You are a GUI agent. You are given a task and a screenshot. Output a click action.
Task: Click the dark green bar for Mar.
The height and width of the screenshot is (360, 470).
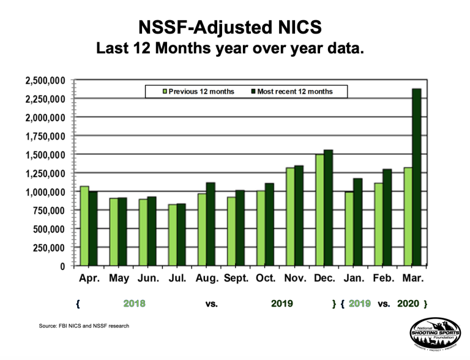[417, 178]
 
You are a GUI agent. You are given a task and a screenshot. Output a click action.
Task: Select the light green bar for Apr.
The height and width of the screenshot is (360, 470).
[84, 226]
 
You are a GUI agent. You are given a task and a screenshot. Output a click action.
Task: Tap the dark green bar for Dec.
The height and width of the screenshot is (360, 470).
[329, 208]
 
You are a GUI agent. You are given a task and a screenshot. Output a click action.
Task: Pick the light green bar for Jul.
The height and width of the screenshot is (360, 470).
[173, 235]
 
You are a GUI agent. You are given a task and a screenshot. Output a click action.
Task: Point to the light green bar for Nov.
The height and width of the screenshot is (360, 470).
[290, 217]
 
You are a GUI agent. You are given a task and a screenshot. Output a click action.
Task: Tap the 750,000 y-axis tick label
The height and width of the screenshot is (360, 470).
[50, 211]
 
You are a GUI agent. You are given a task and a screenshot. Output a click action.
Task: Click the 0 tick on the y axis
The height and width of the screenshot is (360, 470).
[62, 266]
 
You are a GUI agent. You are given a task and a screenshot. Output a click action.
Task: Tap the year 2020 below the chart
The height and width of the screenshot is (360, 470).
[408, 303]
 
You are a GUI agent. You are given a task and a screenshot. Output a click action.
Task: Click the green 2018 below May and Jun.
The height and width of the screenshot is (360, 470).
[134, 303]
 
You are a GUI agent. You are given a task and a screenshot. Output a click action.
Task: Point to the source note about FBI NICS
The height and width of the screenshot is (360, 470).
[83, 326]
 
